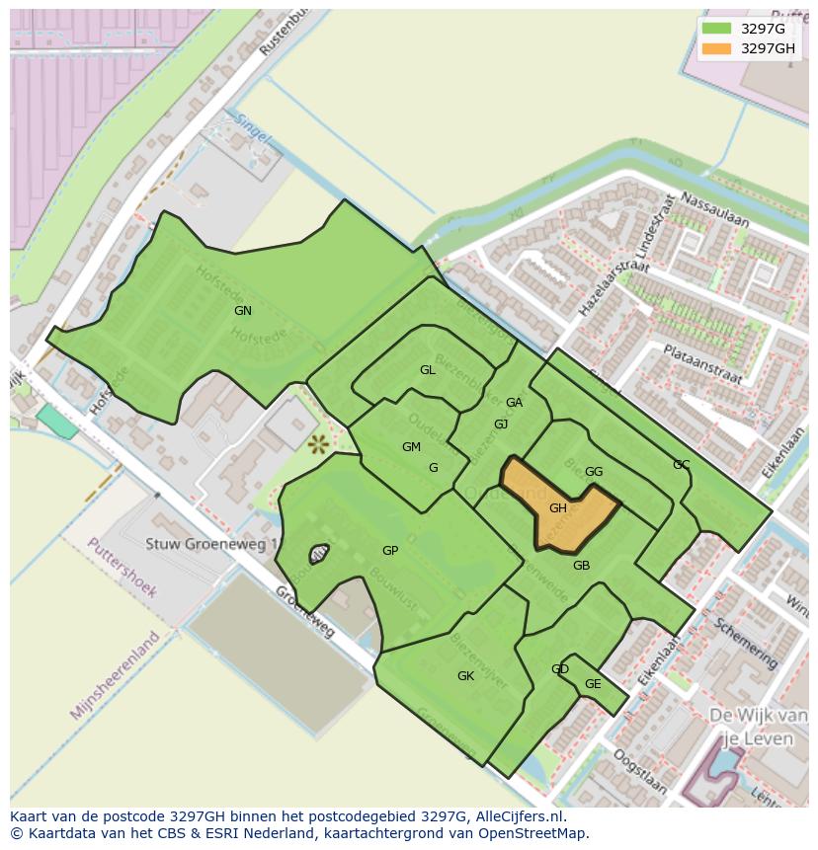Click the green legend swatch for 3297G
(717, 29)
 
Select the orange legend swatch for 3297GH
(717, 48)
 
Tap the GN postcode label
(243, 311)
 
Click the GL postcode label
(427, 370)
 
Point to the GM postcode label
(411, 447)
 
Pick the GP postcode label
(390, 551)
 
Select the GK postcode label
(465, 676)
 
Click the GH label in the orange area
(558, 508)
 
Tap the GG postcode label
(594, 472)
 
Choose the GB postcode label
(581, 566)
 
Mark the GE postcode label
(593, 684)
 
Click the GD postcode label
(560, 669)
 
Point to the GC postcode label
(681, 465)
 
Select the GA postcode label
(514, 403)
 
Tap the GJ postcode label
(501, 425)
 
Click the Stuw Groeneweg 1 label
(212, 544)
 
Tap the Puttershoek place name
(122, 567)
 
